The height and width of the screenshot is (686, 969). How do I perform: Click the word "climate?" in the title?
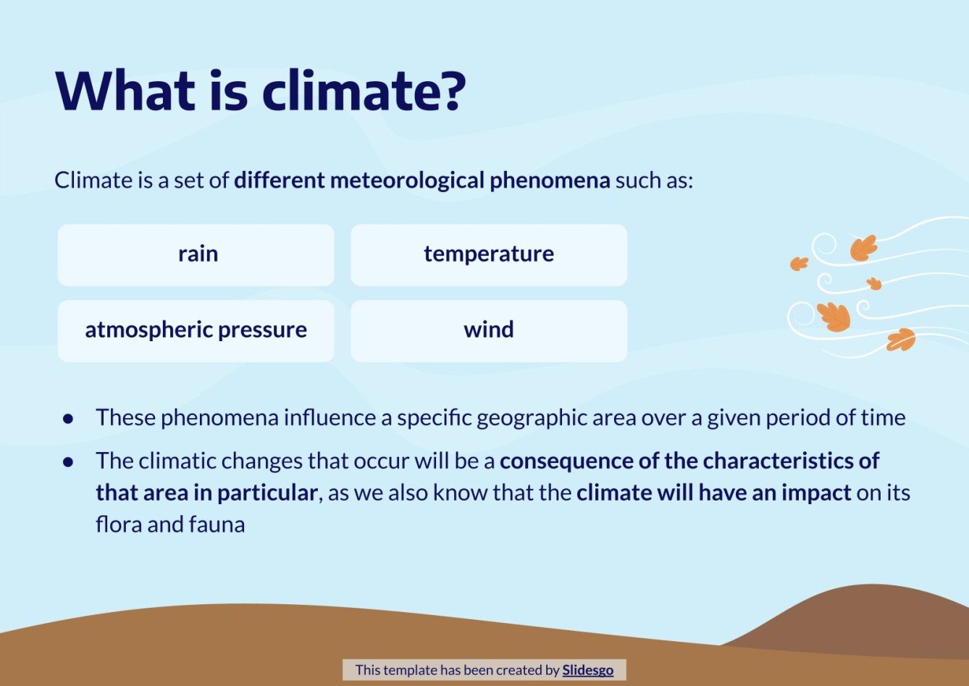pyautogui.click(x=364, y=91)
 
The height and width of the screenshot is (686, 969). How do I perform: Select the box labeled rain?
pyautogui.click(x=196, y=255)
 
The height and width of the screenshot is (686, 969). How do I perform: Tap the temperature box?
pyautogui.click(x=489, y=255)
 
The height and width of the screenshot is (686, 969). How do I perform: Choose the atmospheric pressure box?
pyautogui.click(x=196, y=331)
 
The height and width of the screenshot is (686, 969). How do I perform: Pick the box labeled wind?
pyautogui.click(x=489, y=331)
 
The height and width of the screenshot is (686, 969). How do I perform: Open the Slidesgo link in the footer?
pyautogui.click(x=587, y=670)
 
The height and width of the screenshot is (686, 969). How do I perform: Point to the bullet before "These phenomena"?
pyautogui.click(x=69, y=419)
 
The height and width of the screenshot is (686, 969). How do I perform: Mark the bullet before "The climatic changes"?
pyautogui.click(x=69, y=461)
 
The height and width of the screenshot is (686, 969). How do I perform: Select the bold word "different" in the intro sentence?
pyautogui.click(x=279, y=180)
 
